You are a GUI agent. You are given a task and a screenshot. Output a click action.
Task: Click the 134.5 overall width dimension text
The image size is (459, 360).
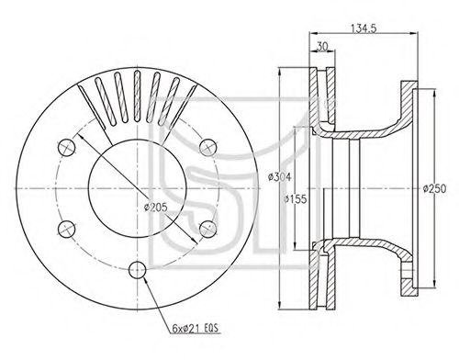click(364, 28)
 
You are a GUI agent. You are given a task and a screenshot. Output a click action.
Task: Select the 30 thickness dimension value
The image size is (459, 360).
click(322, 46)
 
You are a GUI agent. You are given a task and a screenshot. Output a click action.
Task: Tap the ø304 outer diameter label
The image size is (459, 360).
click(280, 177)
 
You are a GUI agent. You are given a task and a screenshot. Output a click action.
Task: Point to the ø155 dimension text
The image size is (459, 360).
click(295, 199)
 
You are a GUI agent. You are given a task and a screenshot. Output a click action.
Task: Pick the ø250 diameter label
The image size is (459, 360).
click(434, 188)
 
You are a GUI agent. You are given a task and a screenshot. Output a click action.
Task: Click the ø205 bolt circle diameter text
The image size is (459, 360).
click(156, 208)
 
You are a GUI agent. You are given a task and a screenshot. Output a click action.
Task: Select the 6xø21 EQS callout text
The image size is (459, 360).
click(196, 329)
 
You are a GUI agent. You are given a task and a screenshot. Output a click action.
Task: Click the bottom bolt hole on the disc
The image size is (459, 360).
click(138, 270)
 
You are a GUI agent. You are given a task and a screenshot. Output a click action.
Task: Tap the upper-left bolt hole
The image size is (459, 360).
click(67, 147)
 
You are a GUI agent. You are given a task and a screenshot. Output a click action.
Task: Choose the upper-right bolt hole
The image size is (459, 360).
click(208, 147)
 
